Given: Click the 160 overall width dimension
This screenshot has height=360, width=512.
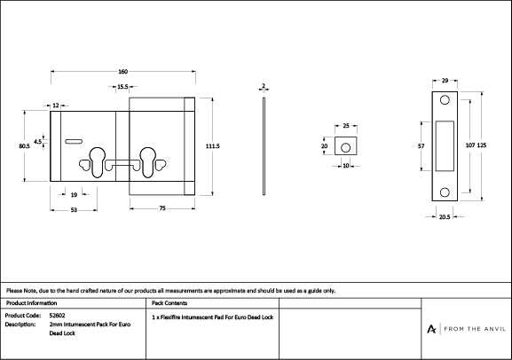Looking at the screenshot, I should pyautogui.click(x=122, y=71).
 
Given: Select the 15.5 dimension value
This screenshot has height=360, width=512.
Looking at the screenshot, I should pyautogui.click(x=122, y=87).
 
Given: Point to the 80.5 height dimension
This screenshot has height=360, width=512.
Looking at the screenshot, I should pyautogui.click(x=24, y=146).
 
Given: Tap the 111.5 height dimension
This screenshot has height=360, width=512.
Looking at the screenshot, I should pyautogui.click(x=212, y=145).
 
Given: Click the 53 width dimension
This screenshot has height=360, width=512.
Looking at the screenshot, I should pyautogui.click(x=73, y=210).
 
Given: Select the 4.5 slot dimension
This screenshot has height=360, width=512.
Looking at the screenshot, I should pyautogui.click(x=37, y=140).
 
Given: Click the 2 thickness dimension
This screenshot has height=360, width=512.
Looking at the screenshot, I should pyautogui.click(x=264, y=86).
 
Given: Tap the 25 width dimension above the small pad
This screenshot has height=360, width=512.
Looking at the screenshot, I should pyautogui.click(x=346, y=126).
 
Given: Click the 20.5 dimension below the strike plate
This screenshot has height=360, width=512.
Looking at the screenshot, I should pyautogui.click(x=443, y=216).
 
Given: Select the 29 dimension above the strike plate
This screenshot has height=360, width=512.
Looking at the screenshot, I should pyautogui.click(x=444, y=80).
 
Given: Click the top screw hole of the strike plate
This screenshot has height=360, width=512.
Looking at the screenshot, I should pyautogui.click(x=445, y=100).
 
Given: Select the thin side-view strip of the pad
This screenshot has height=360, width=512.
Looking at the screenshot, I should pyautogui.click(x=264, y=145).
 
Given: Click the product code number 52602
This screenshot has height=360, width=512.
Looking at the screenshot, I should pyautogui.click(x=60, y=315).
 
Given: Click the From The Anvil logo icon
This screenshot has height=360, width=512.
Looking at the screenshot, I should pyautogui.click(x=431, y=328).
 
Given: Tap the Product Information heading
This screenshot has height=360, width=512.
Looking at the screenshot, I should pyautogui.click(x=31, y=302).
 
